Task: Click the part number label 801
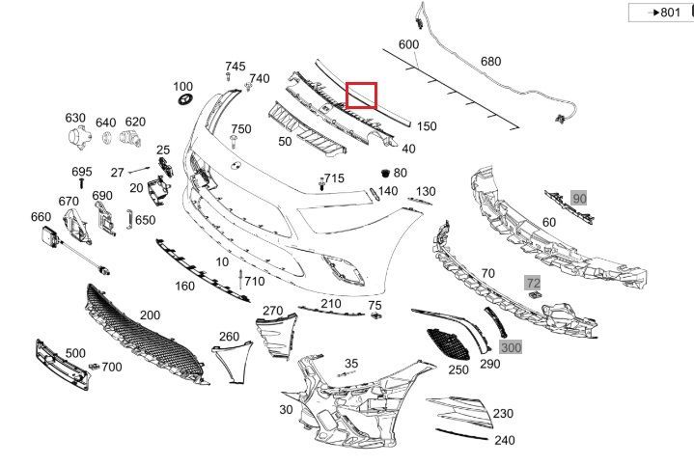pyautogui.click(x=670, y=12)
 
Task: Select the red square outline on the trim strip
pyautogui.click(x=361, y=83)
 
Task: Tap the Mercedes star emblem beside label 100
pyautogui.click(x=184, y=99)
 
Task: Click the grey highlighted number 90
pyautogui.click(x=579, y=199)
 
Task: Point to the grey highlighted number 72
pyautogui.click(x=533, y=283)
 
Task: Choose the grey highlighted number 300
pyautogui.click(x=512, y=347)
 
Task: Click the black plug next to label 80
pyautogui.click(x=385, y=173)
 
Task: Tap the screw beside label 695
pyautogui.click(x=81, y=183)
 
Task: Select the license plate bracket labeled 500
pyautogui.click(x=63, y=365)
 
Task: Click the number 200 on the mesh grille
pyautogui.click(x=150, y=315)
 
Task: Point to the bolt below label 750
pyautogui.click(x=234, y=142)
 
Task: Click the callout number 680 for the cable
pyautogui.click(x=491, y=61)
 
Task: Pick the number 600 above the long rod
pyautogui.click(x=408, y=44)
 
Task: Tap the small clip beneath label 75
pyautogui.click(x=376, y=315)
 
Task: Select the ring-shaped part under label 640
pyautogui.click(x=107, y=138)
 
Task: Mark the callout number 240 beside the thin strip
pyautogui.click(x=505, y=440)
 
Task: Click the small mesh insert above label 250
pyautogui.click(x=448, y=344)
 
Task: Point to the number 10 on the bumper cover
pyautogui.click(x=222, y=261)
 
